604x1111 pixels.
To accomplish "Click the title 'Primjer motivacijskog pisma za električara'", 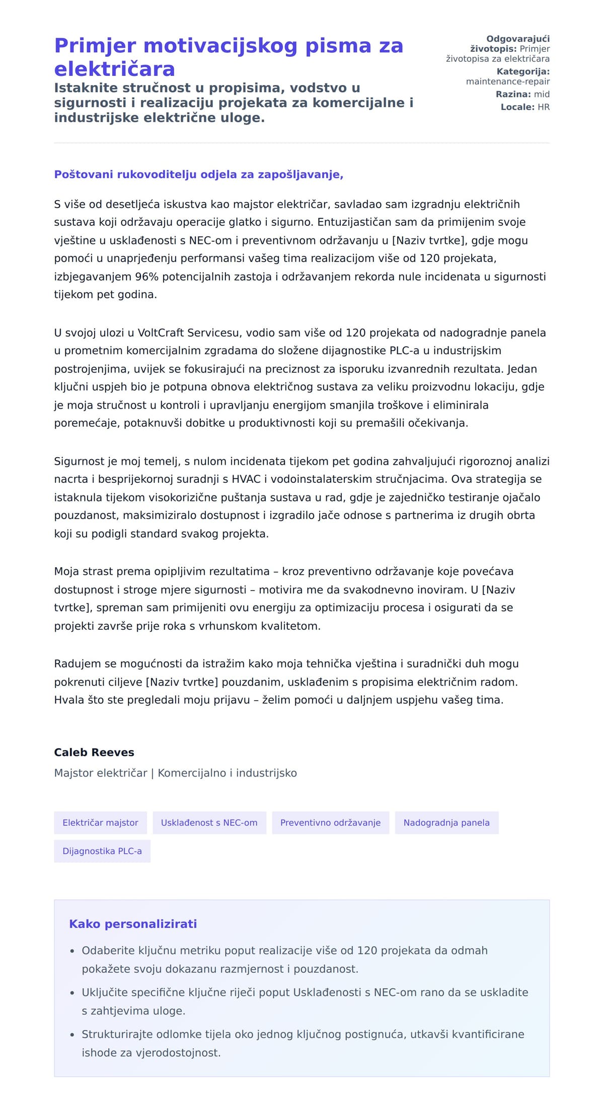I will click(x=229, y=57).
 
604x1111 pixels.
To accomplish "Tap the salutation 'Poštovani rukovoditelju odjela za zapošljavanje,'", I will click(x=199, y=175).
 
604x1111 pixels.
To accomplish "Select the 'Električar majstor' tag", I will click(x=100, y=823).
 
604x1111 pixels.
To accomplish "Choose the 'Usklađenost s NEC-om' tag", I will click(x=209, y=823).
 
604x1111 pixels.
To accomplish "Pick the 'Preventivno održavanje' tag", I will click(x=330, y=823).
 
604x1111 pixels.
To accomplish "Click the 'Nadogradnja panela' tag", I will click(x=446, y=823).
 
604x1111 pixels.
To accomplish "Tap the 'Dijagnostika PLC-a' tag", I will click(x=102, y=851).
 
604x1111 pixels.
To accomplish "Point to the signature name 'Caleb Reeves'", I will click(x=94, y=752).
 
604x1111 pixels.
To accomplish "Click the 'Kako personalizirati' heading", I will click(x=133, y=924).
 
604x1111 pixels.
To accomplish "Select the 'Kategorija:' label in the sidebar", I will click(x=523, y=71).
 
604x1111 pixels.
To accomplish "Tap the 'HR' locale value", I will click(x=544, y=107).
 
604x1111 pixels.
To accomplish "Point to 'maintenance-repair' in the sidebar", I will click(x=507, y=81).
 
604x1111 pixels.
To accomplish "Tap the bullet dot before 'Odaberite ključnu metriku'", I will click(x=72, y=951).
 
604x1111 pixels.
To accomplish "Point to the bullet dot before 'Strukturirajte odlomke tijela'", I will click(x=72, y=1035).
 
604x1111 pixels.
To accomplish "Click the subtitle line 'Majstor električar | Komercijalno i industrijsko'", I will click(x=175, y=773).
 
